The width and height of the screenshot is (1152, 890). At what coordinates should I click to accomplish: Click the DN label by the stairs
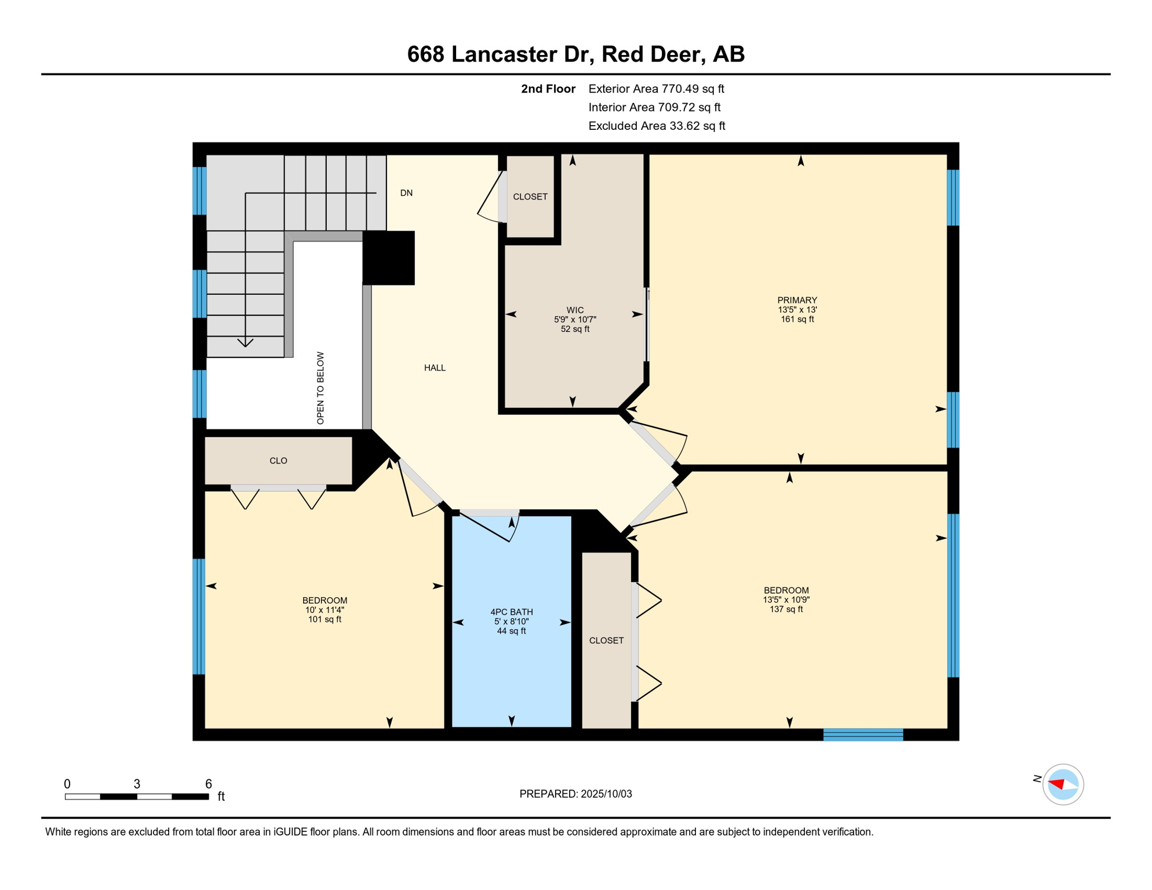(x=406, y=193)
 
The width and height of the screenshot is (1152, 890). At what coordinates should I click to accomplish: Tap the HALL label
(x=435, y=368)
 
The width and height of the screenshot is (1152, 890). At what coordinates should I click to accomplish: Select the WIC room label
(x=575, y=311)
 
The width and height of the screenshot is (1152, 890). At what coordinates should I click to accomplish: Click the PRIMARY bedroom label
(x=797, y=300)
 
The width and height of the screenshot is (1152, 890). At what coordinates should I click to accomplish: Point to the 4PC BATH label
(x=511, y=612)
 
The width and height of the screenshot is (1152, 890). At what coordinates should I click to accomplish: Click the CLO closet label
(x=278, y=461)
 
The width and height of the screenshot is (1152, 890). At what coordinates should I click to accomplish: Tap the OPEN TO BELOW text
(x=320, y=388)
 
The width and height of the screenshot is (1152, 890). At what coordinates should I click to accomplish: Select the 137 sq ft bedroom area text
(x=786, y=610)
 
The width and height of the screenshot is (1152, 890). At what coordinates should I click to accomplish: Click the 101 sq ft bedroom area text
(x=325, y=619)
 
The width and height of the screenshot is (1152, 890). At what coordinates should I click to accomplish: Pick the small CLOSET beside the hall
(x=530, y=197)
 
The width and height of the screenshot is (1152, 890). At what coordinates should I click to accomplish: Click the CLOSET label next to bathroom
(x=606, y=640)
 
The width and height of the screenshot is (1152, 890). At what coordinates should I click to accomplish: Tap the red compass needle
(x=1057, y=784)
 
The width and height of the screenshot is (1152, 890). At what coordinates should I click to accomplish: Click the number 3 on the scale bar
(x=137, y=784)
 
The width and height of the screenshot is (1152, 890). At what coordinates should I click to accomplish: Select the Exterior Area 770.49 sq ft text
(x=656, y=89)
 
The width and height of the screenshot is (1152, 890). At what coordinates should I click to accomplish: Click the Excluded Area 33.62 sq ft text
(x=657, y=126)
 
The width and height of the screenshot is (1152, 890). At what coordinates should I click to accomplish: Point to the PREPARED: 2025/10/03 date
(x=575, y=794)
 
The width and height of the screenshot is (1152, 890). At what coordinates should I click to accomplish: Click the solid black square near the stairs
(x=388, y=258)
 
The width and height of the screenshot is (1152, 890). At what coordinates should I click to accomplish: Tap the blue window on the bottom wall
(x=863, y=735)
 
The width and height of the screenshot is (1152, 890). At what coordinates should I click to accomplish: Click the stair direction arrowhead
(x=245, y=343)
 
